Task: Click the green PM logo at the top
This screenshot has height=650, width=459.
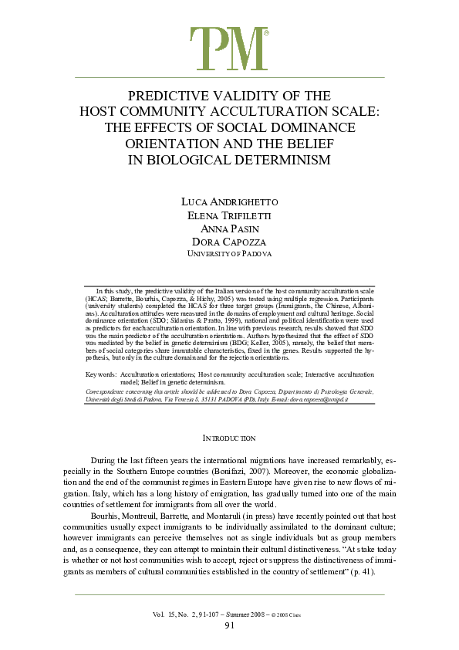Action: click(229, 48)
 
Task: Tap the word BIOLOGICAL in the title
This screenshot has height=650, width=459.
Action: click(184, 161)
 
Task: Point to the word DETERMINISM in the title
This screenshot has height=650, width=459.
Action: click(282, 161)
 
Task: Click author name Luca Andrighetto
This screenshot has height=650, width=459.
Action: click(229, 201)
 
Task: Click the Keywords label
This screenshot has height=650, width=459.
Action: click(101, 374)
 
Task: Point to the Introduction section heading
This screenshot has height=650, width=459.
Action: click(229, 438)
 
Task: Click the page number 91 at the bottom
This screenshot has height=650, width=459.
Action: click(229, 625)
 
